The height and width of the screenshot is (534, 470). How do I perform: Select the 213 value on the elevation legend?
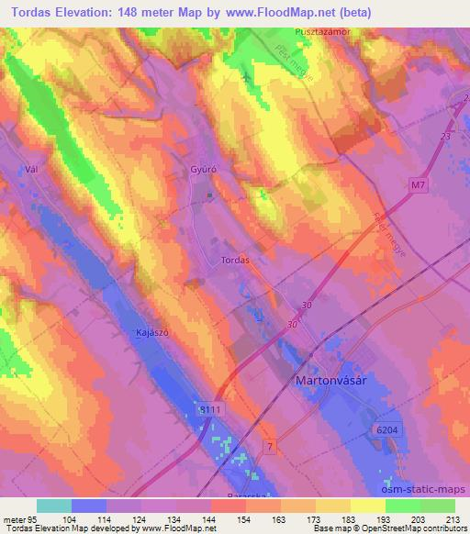coord(453,518)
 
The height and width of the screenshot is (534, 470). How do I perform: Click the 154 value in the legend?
coord(244,518)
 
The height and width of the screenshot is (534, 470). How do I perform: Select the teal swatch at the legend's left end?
coord(53,506)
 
